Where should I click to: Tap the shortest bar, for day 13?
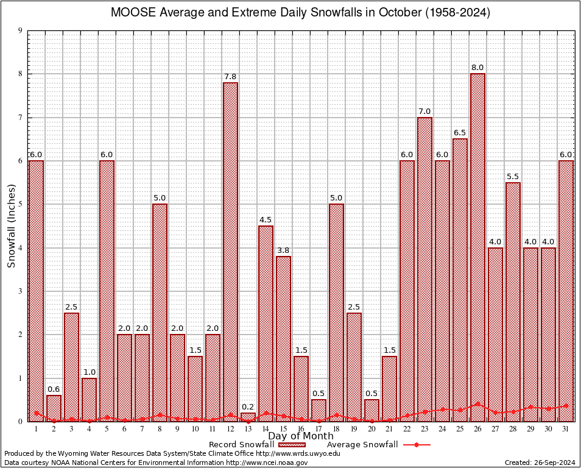click(248, 417)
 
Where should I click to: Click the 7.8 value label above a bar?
click(230, 76)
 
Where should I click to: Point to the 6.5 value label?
click(460, 132)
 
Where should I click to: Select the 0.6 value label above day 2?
click(54, 389)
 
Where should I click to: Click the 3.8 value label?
click(283, 250)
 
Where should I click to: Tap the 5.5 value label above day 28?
click(513, 176)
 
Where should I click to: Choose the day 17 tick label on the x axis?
click(319, 429)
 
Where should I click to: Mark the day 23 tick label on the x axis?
click(424, 429)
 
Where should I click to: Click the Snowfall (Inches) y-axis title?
click(11, 225)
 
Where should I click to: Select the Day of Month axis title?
click(300, 436)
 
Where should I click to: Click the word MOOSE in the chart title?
click(130, 13)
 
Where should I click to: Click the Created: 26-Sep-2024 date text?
click(539, 463)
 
